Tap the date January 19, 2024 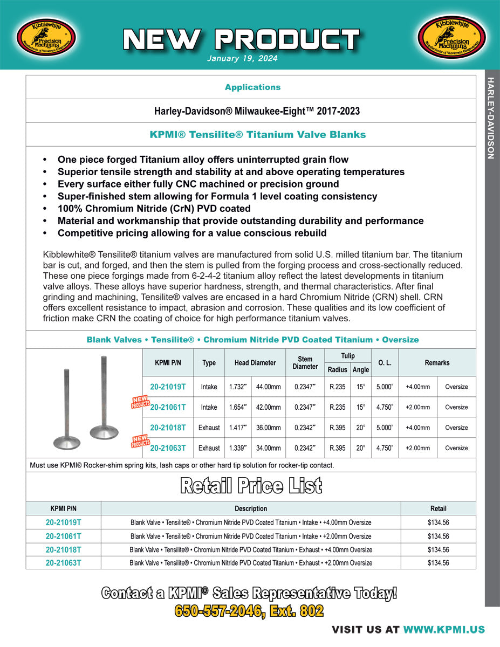click(x=242, y=59)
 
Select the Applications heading click(x=252, y=87)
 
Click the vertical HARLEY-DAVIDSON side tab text click(x=490, y=118)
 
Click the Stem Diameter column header click(x=305, y=363)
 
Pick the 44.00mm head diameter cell click(x=268, y=387)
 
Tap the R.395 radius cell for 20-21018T click(x=338, y=428)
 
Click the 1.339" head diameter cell click(x=237, y=448)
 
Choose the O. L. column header click(x=385, y=363)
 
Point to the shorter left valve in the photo click(x=67, y=410)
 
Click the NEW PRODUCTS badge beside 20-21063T click(x=139, y=442)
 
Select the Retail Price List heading click(x=251, y=486)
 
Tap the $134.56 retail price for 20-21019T click(x=438, y=522)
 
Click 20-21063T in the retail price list click(x=63, y=562)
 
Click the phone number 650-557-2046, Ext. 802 click(x=249, y=611)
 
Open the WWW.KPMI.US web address click(x=444, y=630)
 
